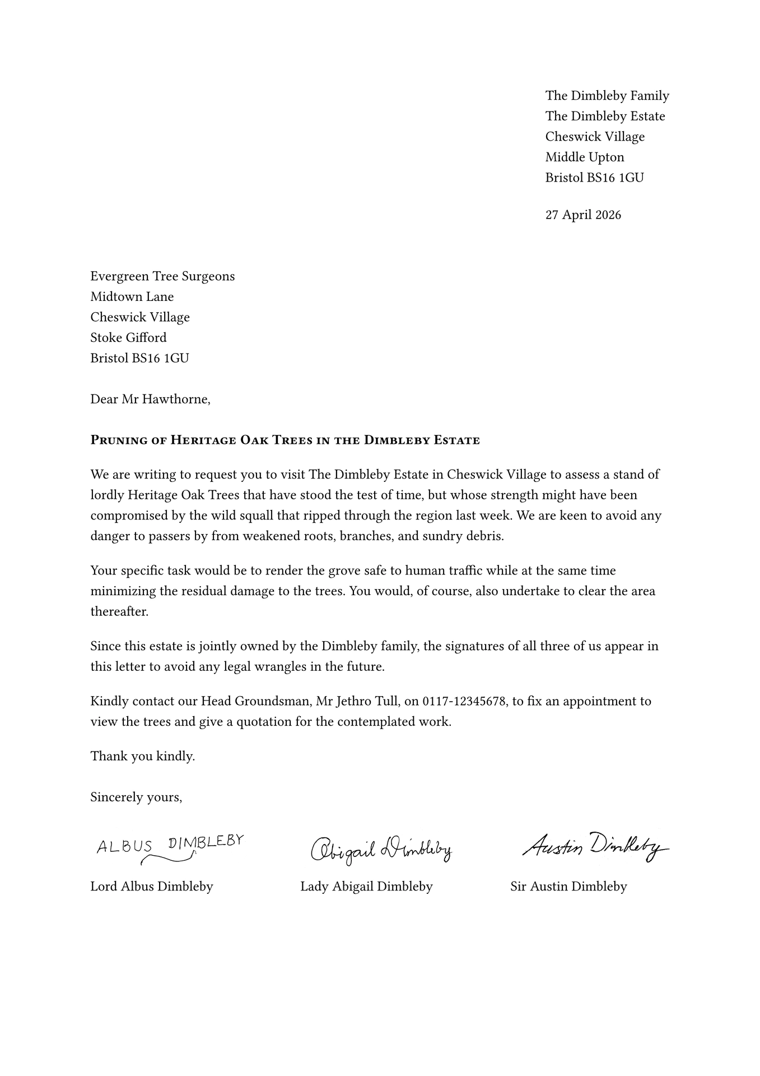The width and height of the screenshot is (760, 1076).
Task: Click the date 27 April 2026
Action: pos(583,215)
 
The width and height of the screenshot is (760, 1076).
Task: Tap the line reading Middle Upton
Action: pos(585,157)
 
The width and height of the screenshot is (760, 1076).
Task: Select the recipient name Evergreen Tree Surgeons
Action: pos(162,276)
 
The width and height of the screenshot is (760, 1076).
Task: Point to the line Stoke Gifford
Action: pos(128,338)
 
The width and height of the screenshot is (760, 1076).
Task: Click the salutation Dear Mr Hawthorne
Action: pos(150,400)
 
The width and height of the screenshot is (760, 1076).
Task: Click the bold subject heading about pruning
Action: pos(285,440)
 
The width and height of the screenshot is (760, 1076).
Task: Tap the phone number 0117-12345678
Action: pos(464,702)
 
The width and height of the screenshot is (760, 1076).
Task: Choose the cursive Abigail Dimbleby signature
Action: pos(381,850)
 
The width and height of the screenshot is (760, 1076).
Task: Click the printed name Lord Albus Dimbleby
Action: pos(152,887)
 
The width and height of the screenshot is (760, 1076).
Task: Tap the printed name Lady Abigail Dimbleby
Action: pos(366,887)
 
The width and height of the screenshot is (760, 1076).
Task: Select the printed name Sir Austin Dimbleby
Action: pos(568,887)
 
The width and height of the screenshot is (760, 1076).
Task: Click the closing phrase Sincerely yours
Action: pos(136,797)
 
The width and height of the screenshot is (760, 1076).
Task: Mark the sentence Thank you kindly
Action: pos(143,757)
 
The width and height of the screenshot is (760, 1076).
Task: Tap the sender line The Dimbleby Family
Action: pos(607,96)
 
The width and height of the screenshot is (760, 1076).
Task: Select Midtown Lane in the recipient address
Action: pos(132,297)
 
